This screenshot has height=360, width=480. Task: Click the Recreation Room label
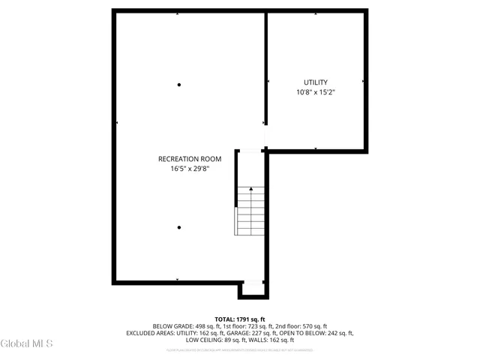click(190, 158)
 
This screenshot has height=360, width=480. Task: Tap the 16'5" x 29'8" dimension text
click(190, 169)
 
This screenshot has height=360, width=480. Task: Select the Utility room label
click(316, 82)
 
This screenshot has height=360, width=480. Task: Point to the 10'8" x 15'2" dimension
click(316, 92)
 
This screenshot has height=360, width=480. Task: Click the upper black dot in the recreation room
click(179, 85)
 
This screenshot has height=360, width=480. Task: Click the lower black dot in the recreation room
click(179, 227)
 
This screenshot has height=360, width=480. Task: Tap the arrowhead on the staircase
click(250, 190)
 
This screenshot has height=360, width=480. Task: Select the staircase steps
click(250, 214)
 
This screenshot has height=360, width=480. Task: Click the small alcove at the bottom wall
click(253, 289)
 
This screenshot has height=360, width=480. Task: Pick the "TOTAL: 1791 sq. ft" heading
click(240, 319)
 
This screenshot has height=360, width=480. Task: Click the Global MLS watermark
click(27, 344)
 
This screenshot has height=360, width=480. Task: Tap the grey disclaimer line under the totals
click(240, 349)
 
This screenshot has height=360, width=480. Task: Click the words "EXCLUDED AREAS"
click(150, 333)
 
